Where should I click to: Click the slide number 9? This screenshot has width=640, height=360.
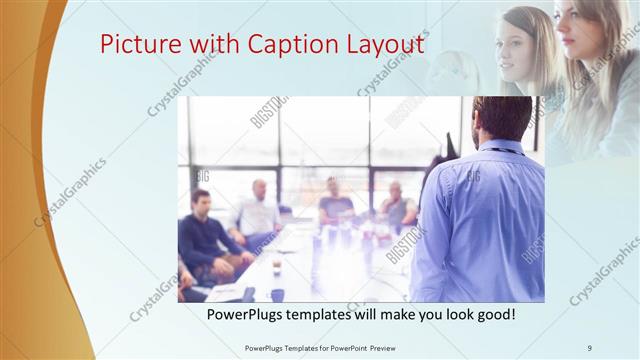(x=590, y=347)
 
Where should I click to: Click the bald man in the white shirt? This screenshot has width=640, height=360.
(x=258, y=212)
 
